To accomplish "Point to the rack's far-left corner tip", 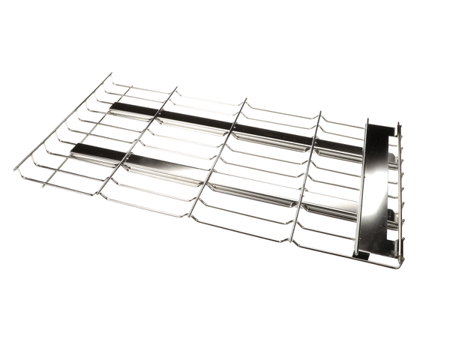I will (x=111, y=73).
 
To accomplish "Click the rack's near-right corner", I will (x=399, y=265).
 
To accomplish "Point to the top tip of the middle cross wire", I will (x=244, y=98).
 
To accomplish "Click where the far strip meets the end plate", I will (x=363, y=150).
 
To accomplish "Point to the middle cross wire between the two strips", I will (x=222, y=154).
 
